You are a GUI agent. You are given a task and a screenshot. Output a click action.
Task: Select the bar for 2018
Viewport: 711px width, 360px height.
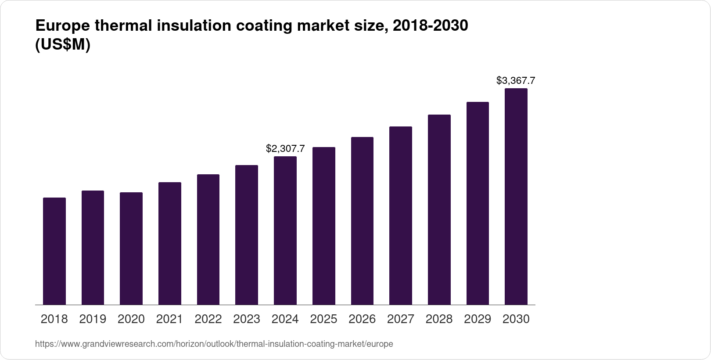pos(54,251)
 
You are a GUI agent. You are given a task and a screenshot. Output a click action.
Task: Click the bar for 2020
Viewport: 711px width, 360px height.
pos(131,248)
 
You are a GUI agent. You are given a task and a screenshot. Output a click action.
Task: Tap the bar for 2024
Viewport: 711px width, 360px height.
pos(285,230)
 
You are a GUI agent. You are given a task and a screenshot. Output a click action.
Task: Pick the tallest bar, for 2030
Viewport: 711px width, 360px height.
pos(516,197)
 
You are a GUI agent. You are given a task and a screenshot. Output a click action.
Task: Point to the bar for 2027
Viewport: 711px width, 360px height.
pos(401,216)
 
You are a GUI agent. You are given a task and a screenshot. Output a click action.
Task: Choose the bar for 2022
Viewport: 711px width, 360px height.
pos(208,240)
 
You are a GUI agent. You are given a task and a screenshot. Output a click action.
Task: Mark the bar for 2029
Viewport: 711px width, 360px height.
pos(478,203)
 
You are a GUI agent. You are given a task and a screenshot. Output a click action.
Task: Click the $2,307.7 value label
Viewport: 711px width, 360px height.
pos(285,149)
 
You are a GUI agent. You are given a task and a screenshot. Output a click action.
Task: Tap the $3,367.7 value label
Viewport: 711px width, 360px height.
pos(516,81)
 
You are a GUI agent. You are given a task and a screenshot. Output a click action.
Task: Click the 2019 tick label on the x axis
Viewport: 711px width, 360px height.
pos(93,319)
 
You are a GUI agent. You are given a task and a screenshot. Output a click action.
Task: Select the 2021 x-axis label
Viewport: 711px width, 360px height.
pos(169,319)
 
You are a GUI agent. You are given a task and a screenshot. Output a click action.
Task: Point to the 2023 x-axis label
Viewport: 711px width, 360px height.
pos(247,319)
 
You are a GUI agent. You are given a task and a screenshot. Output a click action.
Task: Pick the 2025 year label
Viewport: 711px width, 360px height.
pos(323,319)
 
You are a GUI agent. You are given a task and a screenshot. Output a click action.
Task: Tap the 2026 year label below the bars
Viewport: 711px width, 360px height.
pos(362,319)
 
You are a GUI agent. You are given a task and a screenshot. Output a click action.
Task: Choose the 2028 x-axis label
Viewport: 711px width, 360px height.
pos(439,319)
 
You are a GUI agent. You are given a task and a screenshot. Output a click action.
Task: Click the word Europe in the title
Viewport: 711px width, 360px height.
pos(61,26)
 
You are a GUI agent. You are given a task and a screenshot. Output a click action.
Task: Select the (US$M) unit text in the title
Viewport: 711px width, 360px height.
pos(62,45)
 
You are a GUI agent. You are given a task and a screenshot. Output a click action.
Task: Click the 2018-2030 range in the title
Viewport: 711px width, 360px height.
pos(431,26)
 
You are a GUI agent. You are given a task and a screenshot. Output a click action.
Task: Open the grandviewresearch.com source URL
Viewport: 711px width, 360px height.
pos(214,344)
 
